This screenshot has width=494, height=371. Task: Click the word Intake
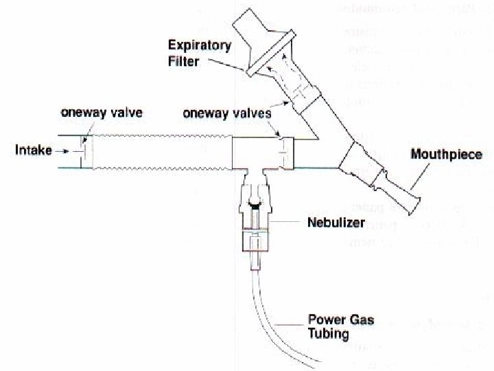[33, 148]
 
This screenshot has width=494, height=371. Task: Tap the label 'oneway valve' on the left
[102, 113]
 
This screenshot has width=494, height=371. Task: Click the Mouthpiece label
[446, 155]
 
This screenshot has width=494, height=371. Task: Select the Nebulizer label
[336, 223]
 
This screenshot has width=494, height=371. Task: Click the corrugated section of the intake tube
[161, 151]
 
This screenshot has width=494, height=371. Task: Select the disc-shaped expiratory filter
[271, 55]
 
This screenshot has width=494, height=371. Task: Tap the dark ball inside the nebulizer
[256, 203]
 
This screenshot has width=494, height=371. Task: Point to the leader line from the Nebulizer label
[288, 223]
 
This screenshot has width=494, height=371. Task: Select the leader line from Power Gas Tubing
[292, 322]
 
